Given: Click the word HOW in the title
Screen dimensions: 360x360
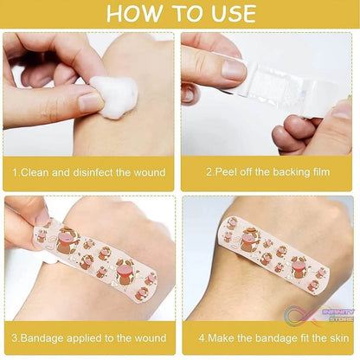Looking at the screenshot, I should pyautogui.click(x=132, y=14).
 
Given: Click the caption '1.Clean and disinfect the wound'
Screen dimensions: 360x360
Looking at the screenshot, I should pyautogui.click(x=88, y=172).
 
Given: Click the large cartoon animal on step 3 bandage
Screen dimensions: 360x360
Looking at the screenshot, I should pyautogui.click(x=67, y=240).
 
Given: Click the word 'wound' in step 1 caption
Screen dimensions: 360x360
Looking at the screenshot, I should pyautogui.click(x=148, y=172).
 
